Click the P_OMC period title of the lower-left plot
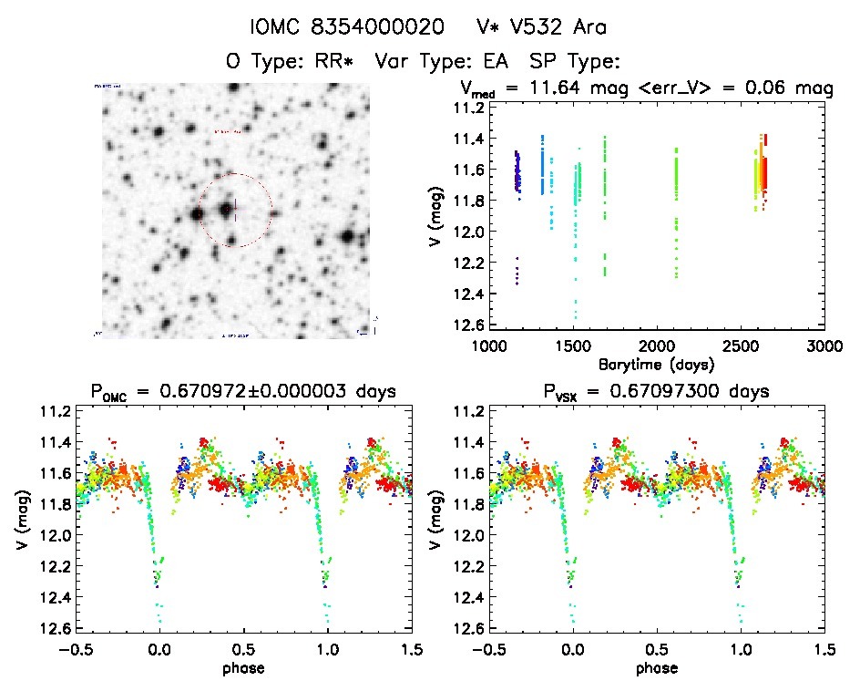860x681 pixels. [242, 392]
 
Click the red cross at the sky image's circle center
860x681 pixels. [235, 210]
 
